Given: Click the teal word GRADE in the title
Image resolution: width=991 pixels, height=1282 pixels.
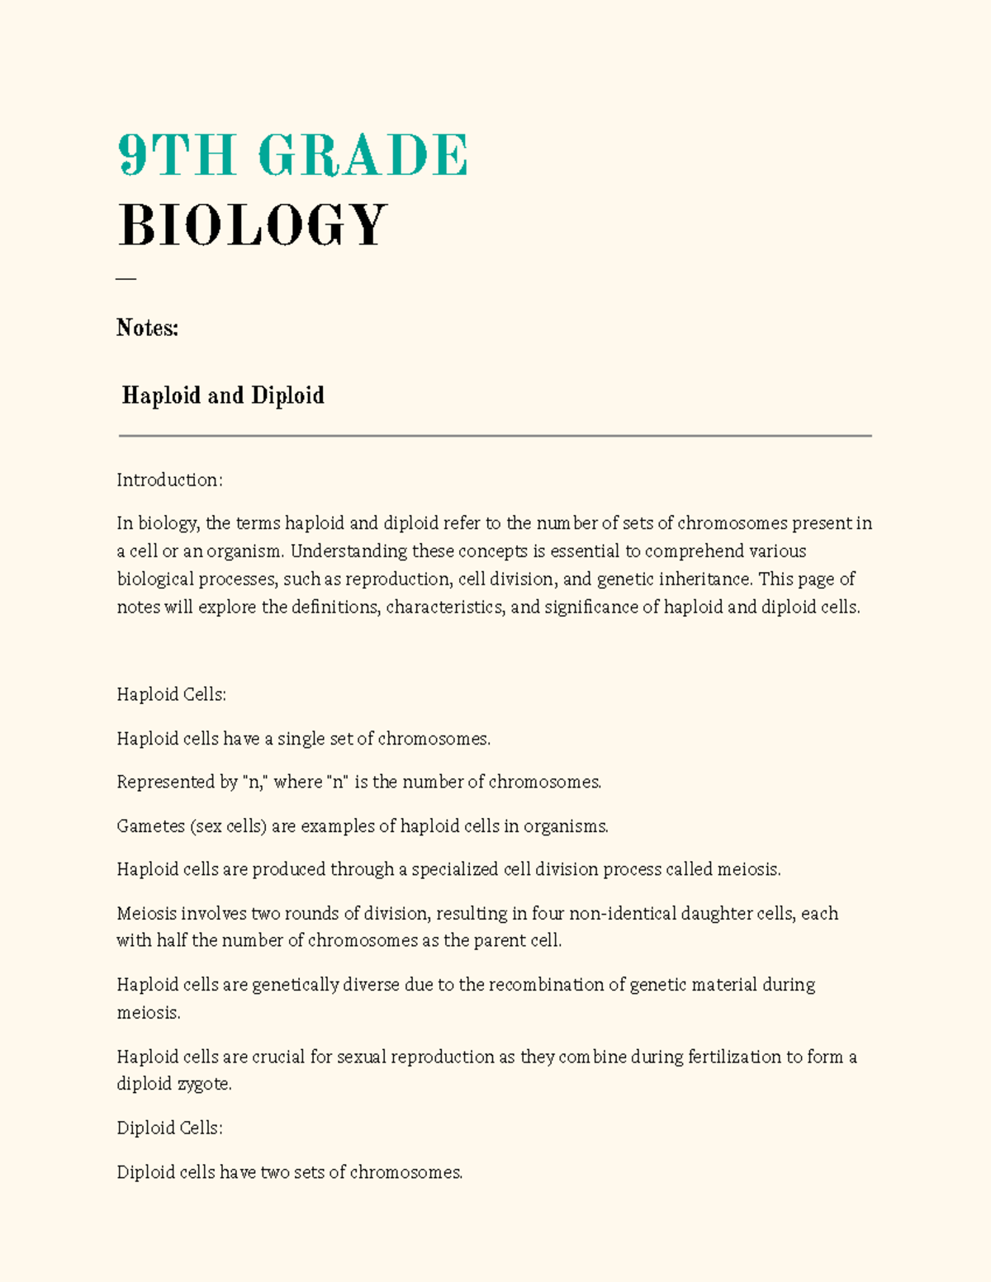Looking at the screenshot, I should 363,155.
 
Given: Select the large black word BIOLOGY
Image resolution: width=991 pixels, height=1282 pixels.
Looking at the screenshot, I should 253,225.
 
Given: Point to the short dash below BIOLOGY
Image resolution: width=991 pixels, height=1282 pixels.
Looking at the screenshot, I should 126,279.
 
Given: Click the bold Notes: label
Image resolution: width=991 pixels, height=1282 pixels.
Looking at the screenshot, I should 147,329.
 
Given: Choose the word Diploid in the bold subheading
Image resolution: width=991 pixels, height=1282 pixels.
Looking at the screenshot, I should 287,395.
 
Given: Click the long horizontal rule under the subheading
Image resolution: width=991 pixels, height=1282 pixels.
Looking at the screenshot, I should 495,436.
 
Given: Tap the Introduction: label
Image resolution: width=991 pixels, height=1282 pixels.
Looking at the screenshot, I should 169,480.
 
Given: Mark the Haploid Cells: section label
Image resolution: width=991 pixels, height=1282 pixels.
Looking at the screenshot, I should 171,695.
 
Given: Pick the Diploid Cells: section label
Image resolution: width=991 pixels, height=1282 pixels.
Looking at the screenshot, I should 169,1128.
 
